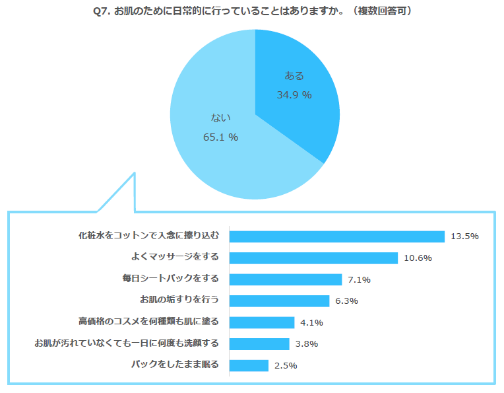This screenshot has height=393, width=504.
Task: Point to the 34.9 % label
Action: pos(294,95)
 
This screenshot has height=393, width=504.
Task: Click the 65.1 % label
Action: pos(220,137)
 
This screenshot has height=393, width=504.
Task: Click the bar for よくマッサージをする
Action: pos(313,258)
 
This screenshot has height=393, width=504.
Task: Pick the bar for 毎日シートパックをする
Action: pos(285,279)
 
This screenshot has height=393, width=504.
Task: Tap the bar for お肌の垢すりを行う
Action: pos(279,301)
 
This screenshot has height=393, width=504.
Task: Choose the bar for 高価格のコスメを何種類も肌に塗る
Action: pos(261,322)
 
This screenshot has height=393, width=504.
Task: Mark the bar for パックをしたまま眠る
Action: pos(249,365)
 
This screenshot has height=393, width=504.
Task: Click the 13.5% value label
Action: pos(464,236)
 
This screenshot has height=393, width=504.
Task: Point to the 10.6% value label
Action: pos(418,258)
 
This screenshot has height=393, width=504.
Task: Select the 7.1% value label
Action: pos(359,279)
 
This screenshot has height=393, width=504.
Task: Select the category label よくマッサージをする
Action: pos(175,256)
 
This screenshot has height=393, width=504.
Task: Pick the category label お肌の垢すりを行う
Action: pos(179,300)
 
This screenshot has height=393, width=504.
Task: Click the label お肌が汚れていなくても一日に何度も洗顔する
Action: pos(126,343)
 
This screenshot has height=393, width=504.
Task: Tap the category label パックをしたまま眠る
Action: pos(175,364)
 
